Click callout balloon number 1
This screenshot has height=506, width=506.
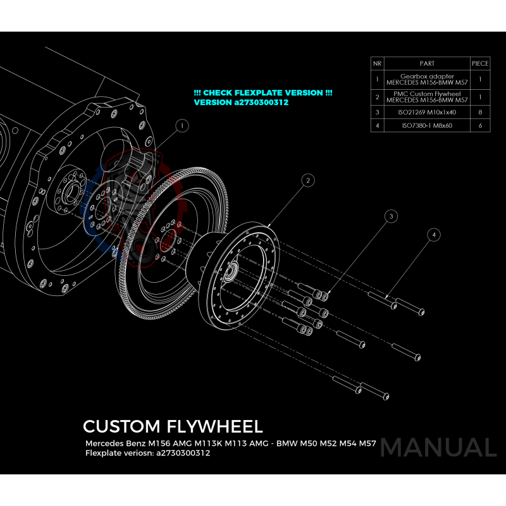[x=182, y=126]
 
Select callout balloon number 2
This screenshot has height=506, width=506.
[x=307, y=181]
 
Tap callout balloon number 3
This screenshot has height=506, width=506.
[x=392, y=216]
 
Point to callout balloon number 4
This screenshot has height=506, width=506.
[x=433, y=235]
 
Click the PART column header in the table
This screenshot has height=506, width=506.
[x=427, y=64]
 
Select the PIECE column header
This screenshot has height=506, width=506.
[x=480, y=64]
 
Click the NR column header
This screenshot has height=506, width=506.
[x=377, y=64]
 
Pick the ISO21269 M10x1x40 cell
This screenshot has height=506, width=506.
[x=427, y=112]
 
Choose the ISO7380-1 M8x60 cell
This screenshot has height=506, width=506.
[x=427, y=126]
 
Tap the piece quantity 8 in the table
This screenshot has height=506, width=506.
[x=480, y=112]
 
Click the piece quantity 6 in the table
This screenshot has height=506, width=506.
[x=480, y=126]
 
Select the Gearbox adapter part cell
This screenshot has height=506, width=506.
[x=427, y=80]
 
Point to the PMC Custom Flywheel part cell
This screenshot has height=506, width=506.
[x=427, y=97]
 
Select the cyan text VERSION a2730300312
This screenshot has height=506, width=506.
[x=241, y=102]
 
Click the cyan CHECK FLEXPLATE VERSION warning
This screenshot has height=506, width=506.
[x=263, y=92]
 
